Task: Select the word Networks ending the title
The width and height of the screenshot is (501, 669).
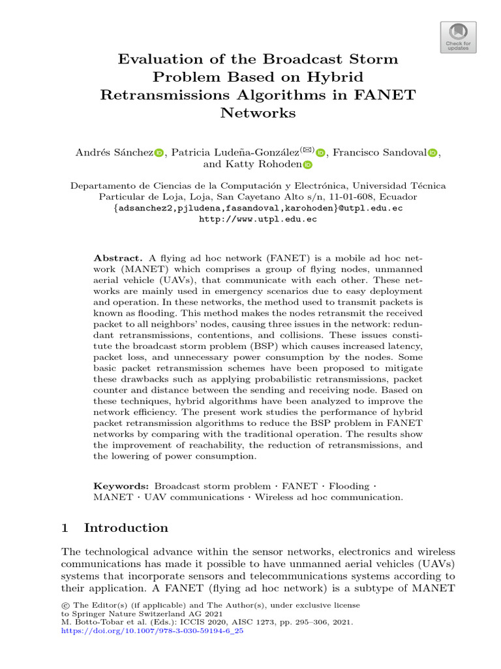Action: pyautogui.click(x=258, y=113)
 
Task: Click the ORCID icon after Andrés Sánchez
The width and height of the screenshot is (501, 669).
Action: pyautogui.click(x=159, y=153)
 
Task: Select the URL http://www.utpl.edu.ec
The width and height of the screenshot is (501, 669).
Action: pyautogui.click(x=258, y=220)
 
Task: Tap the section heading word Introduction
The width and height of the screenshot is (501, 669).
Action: pyautogui.click(x=126, y=528)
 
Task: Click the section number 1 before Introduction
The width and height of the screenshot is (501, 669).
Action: pyautogui.click(x=65, y=528)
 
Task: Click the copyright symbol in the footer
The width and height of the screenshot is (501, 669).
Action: pyautogui.click(x=64, y=606)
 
